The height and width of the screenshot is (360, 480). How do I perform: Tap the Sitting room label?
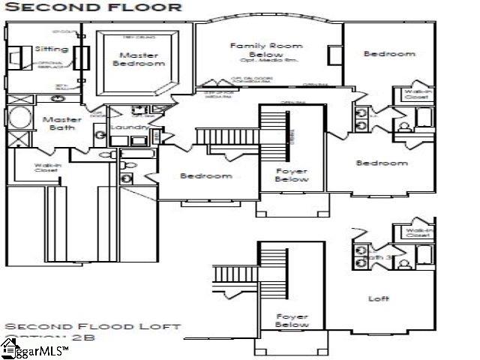[52, 49]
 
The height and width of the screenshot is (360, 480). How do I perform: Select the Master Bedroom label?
[138, 59]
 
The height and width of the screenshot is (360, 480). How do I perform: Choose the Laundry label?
[129, 128]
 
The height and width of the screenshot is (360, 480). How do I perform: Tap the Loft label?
[379, 298]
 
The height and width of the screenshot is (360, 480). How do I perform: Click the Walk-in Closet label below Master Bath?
[46, 168]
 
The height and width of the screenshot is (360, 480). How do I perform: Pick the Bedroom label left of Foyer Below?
[206, 176]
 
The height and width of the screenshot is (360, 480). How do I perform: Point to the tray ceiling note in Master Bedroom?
[138, 35]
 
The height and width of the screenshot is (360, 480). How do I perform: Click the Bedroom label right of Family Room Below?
[388, 54]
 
